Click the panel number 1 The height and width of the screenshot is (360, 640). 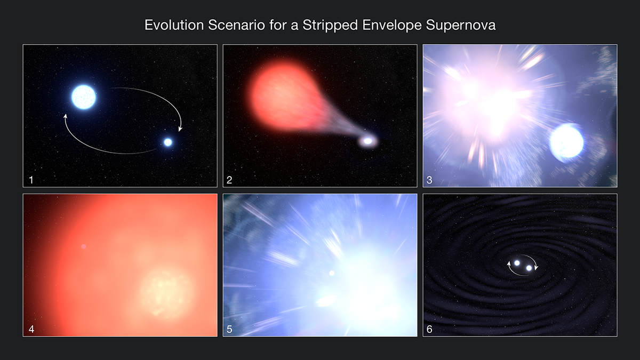pyautogui.click(x=31, y=180)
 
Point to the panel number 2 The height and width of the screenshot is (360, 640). pyautogui.click(x=229, y=180)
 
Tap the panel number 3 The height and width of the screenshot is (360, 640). pyautogui.click(x=430, y=180)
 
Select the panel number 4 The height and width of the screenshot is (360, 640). pyautogui.click(x=31, y=329)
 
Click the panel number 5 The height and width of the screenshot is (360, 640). pyautogui.click(x=229, y=329)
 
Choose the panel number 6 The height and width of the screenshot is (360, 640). pyautogui.click(x=430, y=329)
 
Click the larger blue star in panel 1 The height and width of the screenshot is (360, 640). pyautogui.click(x=84, y=97)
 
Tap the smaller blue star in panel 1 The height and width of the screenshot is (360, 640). pyautogui.click(x=168, y=142)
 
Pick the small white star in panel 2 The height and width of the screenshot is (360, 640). pyautogui.click(x=367, y=141)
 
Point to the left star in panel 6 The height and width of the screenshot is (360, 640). pyautogui.click(x=517, y=263)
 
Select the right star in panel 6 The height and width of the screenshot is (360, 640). pyautogui.click(x=529, y=268)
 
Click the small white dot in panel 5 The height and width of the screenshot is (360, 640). pyautogui.click(x=332, y=273)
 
